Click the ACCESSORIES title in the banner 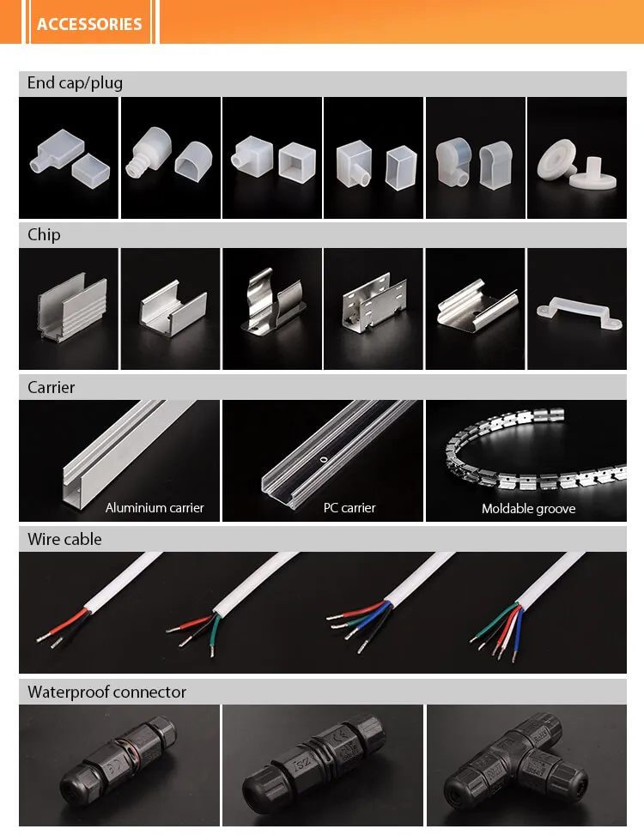click(89, 23)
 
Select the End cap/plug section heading click(75, 83)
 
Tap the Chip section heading click(44, 235)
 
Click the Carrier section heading click(51, 388)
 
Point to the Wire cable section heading click(64, 540)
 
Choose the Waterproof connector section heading click(106, 693)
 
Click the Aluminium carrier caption click(155, 508)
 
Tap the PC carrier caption click(349, 508)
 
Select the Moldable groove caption click(528, 509)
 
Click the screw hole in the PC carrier click(323, 459)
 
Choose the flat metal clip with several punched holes click(372, 308)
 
